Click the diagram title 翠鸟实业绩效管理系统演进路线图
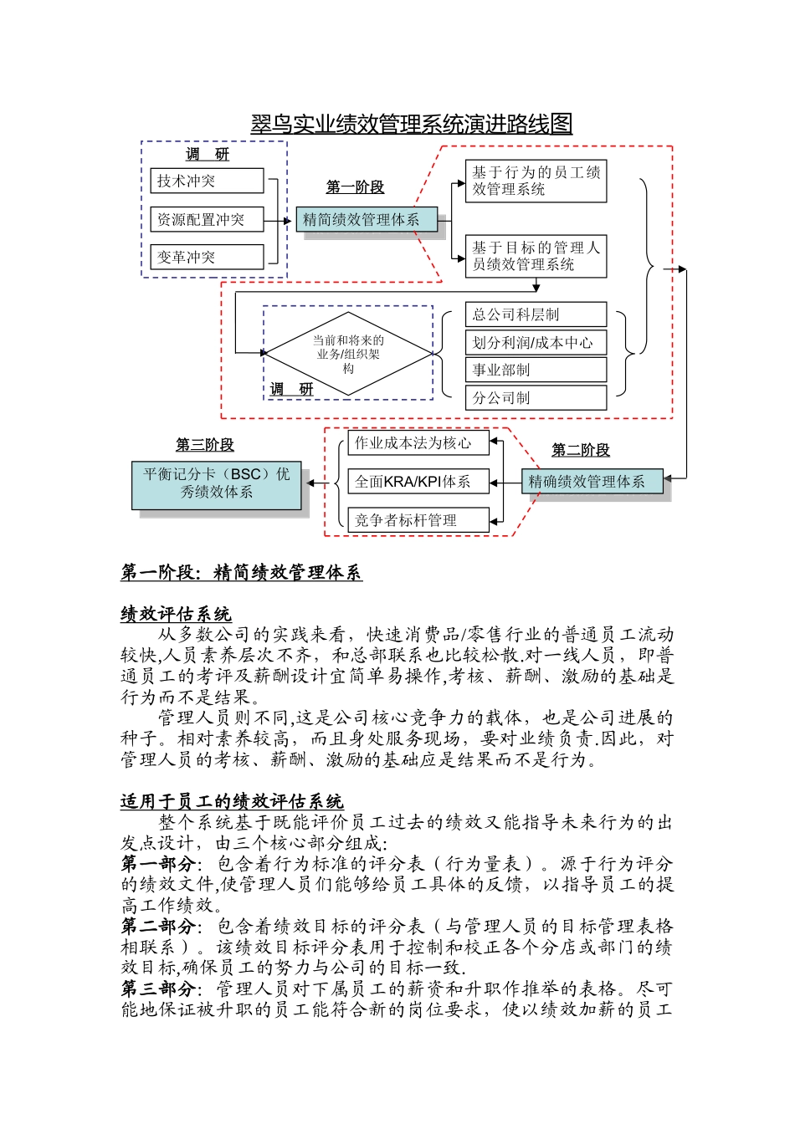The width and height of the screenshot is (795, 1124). [412, 125]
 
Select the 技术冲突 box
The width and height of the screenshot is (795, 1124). [207, 181]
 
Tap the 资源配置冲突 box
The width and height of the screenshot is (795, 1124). [207, 219]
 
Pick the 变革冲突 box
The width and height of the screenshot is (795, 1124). [207, 257]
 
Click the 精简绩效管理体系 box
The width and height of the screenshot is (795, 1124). [367, 220]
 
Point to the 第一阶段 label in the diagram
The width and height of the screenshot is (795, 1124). [355, 187]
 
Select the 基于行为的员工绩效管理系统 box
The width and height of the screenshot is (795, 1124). [536, 181]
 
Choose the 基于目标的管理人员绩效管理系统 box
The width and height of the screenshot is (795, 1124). [536, 256]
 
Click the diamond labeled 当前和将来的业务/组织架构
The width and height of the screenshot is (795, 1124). [348, 354]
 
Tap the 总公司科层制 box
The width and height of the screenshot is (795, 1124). [536, 314]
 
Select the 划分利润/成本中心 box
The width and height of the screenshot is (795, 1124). [536, 342]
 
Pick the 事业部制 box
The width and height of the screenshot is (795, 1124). [536, 370]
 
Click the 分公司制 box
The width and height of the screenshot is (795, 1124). [536, 398]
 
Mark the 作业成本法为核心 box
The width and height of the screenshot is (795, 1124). [418, 443]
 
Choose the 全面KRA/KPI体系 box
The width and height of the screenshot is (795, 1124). [418, 482]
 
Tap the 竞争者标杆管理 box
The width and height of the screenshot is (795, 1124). [418, 520]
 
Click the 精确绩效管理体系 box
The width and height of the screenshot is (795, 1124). [592, 482]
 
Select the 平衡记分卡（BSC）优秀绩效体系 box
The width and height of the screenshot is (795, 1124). [216, 483]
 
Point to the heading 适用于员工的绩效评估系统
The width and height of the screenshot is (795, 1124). [232, 802]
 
